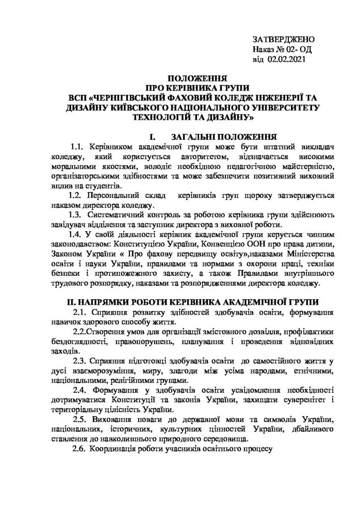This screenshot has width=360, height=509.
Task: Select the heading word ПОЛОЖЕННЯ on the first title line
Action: pos(197,79)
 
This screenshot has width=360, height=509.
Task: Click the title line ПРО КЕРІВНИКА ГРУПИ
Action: pos(197,88)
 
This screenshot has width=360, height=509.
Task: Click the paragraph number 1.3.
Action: pos(76,215)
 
